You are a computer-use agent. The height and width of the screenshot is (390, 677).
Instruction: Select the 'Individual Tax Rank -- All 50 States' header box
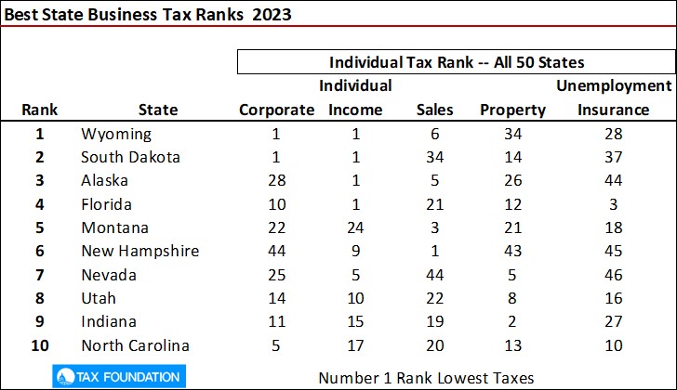[x=457, y=63]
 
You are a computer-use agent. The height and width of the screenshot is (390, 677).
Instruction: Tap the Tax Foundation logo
[x=116, y=376]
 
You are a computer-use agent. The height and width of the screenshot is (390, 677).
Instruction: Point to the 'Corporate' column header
[x=277, y=110]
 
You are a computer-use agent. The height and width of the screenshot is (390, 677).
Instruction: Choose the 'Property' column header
[x=512, y=110]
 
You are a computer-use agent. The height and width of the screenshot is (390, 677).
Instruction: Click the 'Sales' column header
[x=434, y=110]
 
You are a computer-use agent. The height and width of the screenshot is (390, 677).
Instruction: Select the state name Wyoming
[x=116, y=134]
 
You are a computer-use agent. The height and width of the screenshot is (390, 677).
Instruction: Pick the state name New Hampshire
[x=140, y=252]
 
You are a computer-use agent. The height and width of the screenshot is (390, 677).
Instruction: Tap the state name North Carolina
[x=136, y=346]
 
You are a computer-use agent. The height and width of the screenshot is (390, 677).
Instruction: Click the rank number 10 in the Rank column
[x=40, y=346]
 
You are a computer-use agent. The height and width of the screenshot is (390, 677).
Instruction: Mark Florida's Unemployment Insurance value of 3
[x=613, y=204]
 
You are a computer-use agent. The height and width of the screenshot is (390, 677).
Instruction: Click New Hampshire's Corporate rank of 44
[x=276, y=252]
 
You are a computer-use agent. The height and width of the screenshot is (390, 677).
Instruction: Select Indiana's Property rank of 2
[x=512, y=322]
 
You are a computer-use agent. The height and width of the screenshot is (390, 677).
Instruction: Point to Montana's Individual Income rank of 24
[x=356, y=228]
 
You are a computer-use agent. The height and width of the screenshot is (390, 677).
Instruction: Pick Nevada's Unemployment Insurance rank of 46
[x=613, y=276]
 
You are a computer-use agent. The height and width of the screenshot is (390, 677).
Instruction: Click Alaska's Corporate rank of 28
[x=276, y=181]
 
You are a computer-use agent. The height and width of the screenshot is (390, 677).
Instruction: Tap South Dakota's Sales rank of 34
[x=434, y=157]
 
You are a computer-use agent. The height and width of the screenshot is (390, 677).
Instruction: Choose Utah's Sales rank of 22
[x=434, y=299]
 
